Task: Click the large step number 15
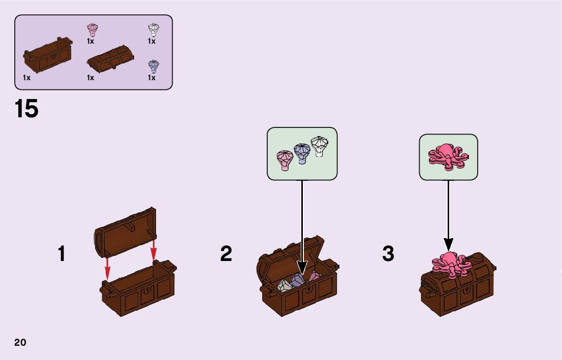[x=26, y=109]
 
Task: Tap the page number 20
[x=20, y=342]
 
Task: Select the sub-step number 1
[x=61, y=254]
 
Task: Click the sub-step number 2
[x=226, y=254]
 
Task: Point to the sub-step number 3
[x=388, y=254]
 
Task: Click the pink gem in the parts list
[x=92, y=29]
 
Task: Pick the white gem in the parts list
[x=153, y=29]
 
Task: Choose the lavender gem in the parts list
[x=153, y=67]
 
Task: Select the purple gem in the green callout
[x=302, y=153]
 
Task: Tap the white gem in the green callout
[x=319, y=146]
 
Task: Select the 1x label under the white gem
[x=151, y=42]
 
